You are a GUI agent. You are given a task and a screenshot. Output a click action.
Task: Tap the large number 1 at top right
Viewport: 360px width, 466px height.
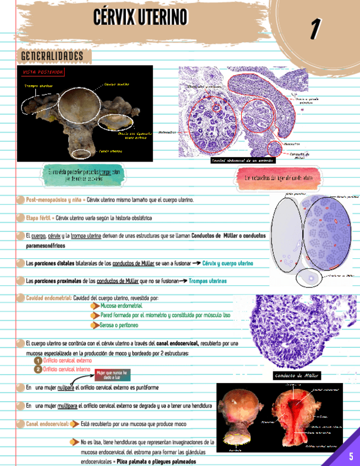[315, 29]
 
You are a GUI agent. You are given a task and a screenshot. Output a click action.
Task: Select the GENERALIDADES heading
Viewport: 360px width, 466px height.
[52, 56]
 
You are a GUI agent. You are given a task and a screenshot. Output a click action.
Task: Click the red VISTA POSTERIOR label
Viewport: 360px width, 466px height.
[43, 72]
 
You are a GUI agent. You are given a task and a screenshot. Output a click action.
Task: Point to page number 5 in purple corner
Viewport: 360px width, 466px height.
[351, 456]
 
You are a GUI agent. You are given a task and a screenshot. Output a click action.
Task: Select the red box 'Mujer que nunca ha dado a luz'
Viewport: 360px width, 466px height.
[112, 375]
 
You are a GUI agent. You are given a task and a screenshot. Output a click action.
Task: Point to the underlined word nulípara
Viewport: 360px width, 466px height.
[65, 388]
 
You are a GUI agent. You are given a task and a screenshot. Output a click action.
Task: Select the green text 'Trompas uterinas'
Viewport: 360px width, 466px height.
[207, 281]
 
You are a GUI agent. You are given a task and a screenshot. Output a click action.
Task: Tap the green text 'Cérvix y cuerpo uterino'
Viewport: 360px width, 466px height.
[228, 264]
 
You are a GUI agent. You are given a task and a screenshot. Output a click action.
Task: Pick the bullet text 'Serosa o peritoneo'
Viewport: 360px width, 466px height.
[120, 325]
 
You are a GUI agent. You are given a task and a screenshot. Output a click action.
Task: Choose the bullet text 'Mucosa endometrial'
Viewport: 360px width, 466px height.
[121, 306]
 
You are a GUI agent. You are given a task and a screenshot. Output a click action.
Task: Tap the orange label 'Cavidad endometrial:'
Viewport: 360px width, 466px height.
[48, 298]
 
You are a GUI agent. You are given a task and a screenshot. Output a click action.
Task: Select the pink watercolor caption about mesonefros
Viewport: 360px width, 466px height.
[278, 179]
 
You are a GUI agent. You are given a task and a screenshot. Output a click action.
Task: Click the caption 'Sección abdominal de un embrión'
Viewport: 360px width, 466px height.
[242, 160]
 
